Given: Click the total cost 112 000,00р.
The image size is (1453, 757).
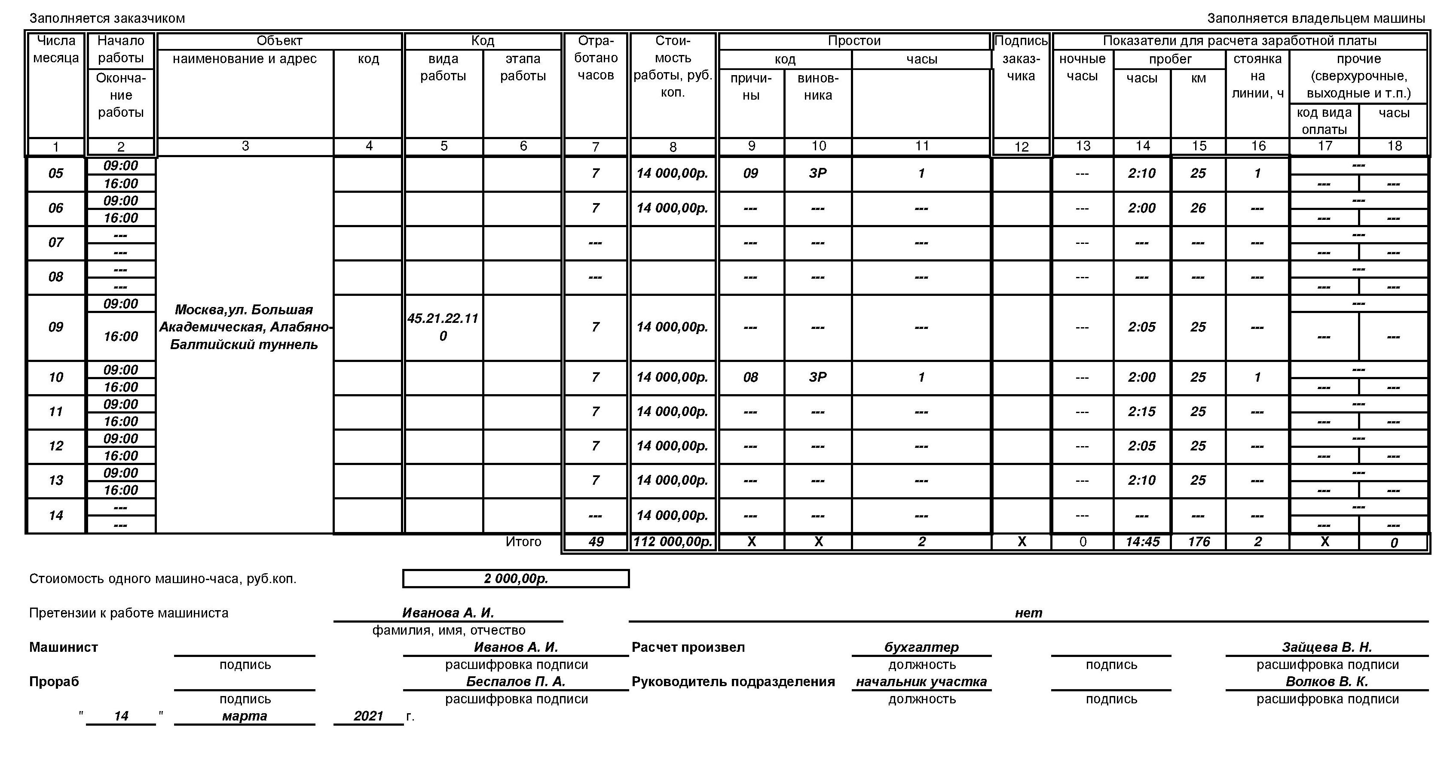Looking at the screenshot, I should (672, 542).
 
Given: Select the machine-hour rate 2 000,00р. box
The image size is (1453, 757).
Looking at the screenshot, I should (516, 579).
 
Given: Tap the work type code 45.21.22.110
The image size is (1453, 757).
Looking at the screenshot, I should (443, 327).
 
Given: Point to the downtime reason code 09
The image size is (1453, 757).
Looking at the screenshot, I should (750, 173).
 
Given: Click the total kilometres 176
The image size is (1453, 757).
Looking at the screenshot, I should (1199, 542).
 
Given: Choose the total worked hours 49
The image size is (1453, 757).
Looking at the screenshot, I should (596, 542).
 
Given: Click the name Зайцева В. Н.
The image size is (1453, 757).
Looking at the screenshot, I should (1327, 647).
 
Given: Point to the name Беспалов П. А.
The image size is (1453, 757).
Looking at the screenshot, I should (516, 681).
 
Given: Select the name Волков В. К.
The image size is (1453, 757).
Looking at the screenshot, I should (1327, 681).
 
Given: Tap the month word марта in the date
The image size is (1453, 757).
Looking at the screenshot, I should (244, 716).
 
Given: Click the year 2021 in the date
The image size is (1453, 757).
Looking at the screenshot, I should (368, 716).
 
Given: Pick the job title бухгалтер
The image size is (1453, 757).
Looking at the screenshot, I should (921, 647).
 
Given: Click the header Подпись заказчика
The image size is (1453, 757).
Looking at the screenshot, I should (1021, 58).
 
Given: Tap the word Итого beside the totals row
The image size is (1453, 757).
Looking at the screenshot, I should (523, 542).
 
